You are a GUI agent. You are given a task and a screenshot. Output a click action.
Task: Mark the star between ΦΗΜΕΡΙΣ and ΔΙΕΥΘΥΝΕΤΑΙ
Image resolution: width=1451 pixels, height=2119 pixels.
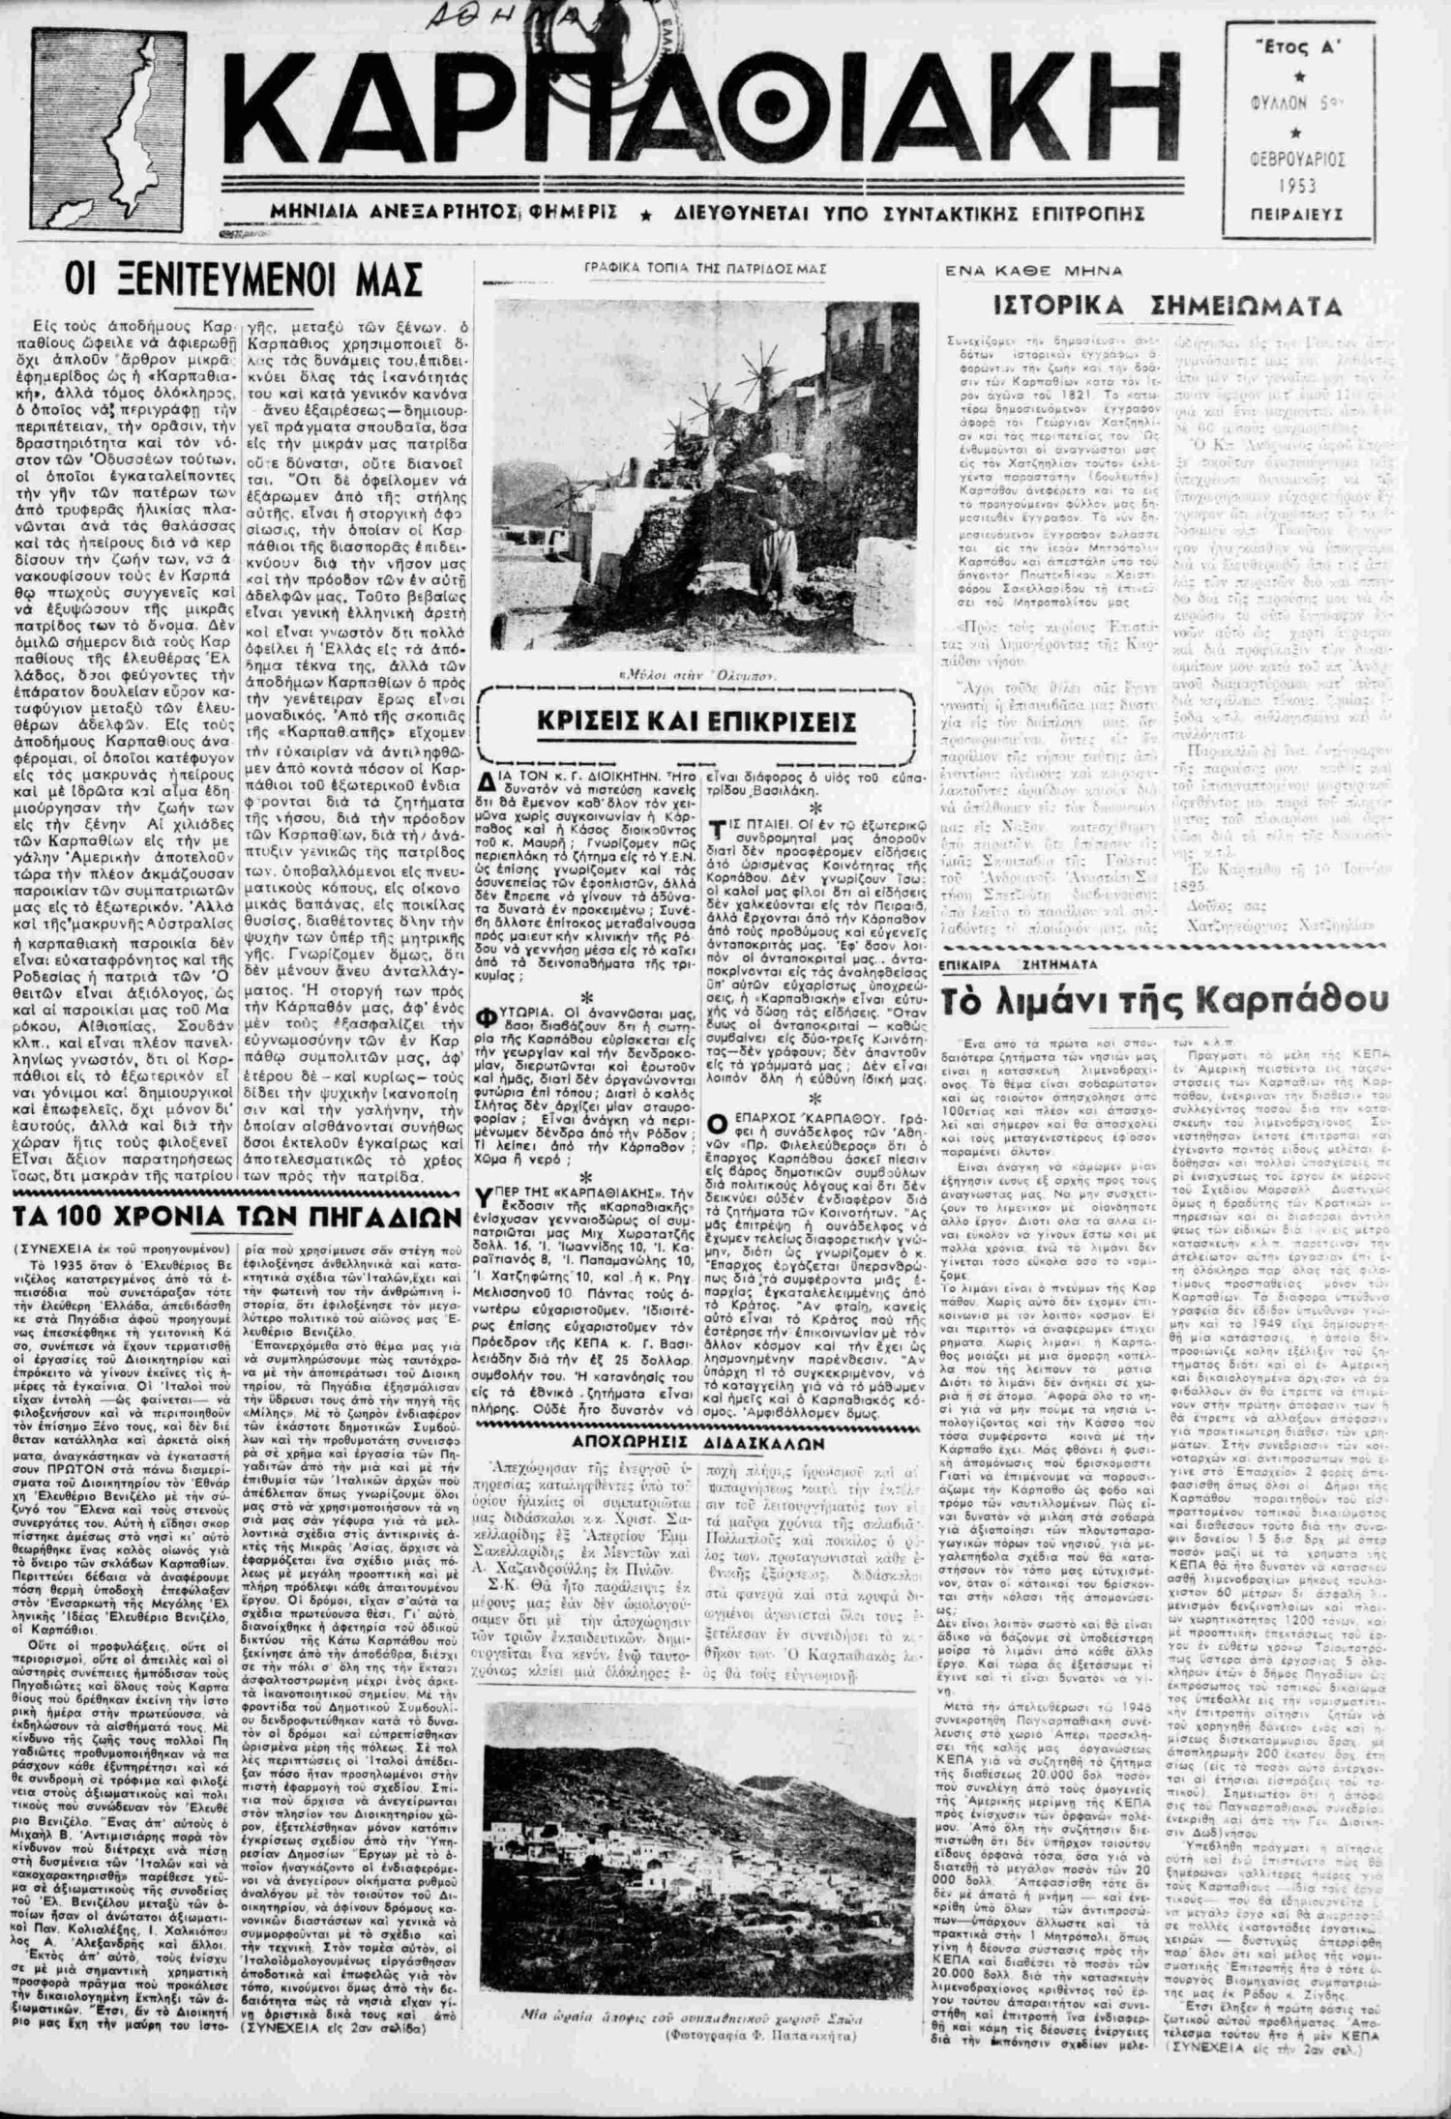coord(638,213)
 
